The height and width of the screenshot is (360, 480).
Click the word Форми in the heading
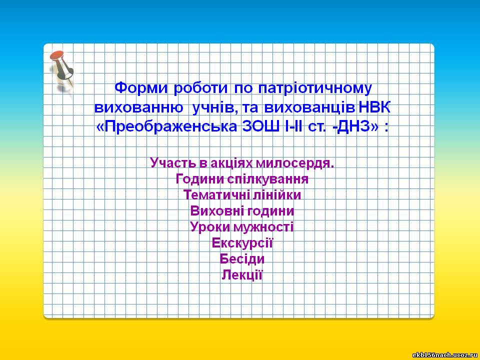141,88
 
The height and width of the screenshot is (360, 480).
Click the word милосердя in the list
294,163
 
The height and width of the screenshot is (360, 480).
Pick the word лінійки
276,194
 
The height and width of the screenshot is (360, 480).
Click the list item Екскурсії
242,243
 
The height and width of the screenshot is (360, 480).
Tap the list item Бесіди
242,259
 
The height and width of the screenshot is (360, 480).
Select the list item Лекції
242,275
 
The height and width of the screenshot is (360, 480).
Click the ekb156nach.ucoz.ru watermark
445,355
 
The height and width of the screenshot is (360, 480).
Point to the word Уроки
210,227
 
